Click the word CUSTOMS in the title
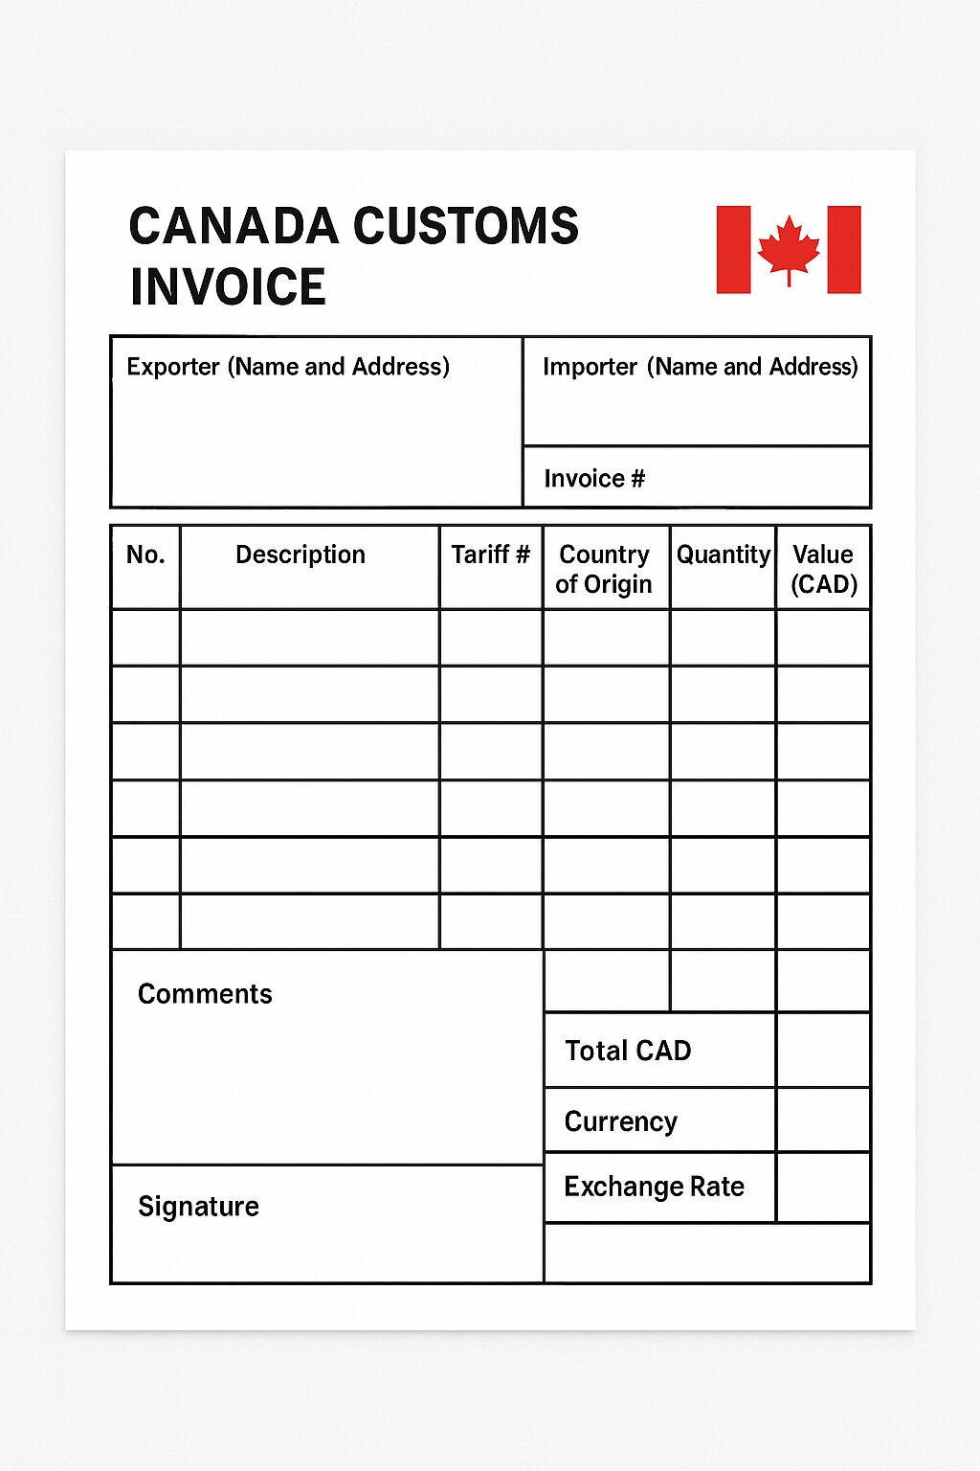click(466, 227)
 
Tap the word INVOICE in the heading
click(228, 287)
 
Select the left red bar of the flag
click(733, 249)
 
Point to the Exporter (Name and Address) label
click(288, 367)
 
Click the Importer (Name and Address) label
click(700, 367)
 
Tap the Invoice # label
click(594, 478)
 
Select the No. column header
click(145, 554)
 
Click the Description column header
click(301, 554)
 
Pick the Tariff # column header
click(490, 554)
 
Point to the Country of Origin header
click(604, 569)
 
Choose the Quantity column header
click(723, 554)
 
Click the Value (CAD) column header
click(823, 569)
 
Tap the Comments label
click(205, 994)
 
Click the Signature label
click(198, 1206)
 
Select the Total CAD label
click(628, 1051)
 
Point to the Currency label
click(621, 1121)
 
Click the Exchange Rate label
click(654, 1187)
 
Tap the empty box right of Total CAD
click(823, 1051)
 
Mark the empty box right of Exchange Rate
click(823, 1188)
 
